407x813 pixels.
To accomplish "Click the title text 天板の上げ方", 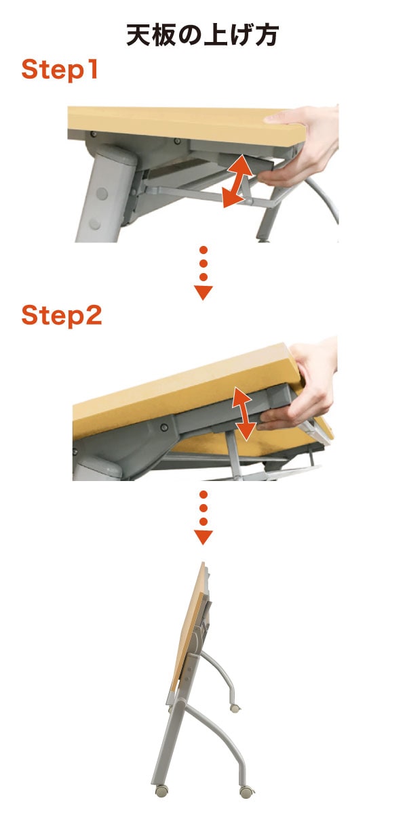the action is click(203, 35).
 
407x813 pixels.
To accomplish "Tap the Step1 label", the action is click(60, 69).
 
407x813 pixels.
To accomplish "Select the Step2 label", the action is click(62, 316).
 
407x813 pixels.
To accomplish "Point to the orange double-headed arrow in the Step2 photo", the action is click(244, 414).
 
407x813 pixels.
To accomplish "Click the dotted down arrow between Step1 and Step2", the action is click(203, 273).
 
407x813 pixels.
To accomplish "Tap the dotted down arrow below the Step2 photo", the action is click(203, 518).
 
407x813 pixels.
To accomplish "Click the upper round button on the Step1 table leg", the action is click(102, 194).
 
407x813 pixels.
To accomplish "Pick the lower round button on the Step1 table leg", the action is click(95, 224).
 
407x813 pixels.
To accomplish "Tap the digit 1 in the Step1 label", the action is click(92, 69).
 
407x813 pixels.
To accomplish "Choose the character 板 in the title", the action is click(165, 35).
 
